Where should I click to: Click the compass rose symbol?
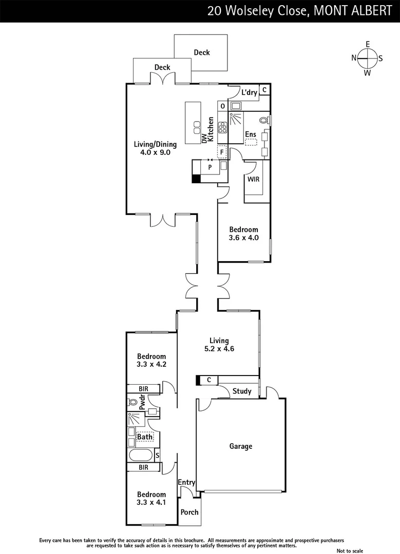[x=368, y=58]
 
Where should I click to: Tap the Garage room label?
[x=241, y=446]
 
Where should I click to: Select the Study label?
[x=242, y=391]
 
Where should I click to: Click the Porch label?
[x=189, y=512]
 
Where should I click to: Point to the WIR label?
[x=253, y=180]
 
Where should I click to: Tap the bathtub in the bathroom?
[x=141, y=455]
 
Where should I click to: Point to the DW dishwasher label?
[x=204, y=137]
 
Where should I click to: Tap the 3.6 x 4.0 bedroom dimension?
[x=243, y=238]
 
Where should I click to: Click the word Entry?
[x=186, y=482]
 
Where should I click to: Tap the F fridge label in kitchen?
[x=222, y=152]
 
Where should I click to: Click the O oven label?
[x=222, y=106]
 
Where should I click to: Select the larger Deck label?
[x=202, y=52]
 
